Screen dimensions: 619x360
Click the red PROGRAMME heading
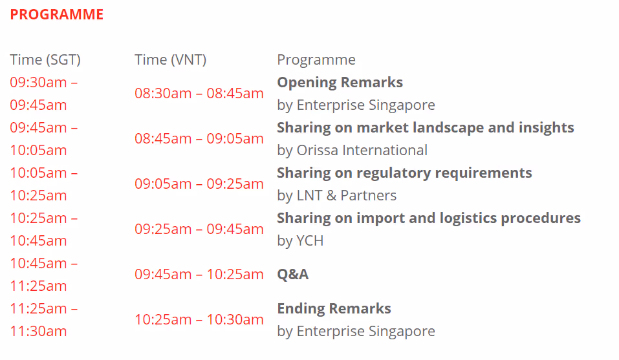56,15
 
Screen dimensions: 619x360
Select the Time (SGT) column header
45,60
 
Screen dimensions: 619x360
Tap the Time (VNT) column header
171,60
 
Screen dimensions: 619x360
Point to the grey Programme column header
316,60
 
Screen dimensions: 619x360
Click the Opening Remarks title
340,83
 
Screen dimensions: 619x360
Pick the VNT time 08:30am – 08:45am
199,94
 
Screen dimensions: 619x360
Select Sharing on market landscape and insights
426,128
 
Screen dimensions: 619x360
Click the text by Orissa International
352,150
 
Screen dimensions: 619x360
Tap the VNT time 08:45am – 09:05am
199,139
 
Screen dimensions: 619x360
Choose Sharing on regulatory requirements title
405,173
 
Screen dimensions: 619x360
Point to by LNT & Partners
337,196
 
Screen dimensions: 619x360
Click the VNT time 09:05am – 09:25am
199,184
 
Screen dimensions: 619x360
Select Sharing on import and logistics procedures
429,218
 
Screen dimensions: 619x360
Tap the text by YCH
300,240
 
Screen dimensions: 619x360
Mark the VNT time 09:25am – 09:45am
199,229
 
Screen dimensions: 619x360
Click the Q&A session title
293,274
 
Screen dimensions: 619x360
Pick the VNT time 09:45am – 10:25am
199,275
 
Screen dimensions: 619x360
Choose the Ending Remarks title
334,309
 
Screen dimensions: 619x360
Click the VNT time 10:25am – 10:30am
199,320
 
